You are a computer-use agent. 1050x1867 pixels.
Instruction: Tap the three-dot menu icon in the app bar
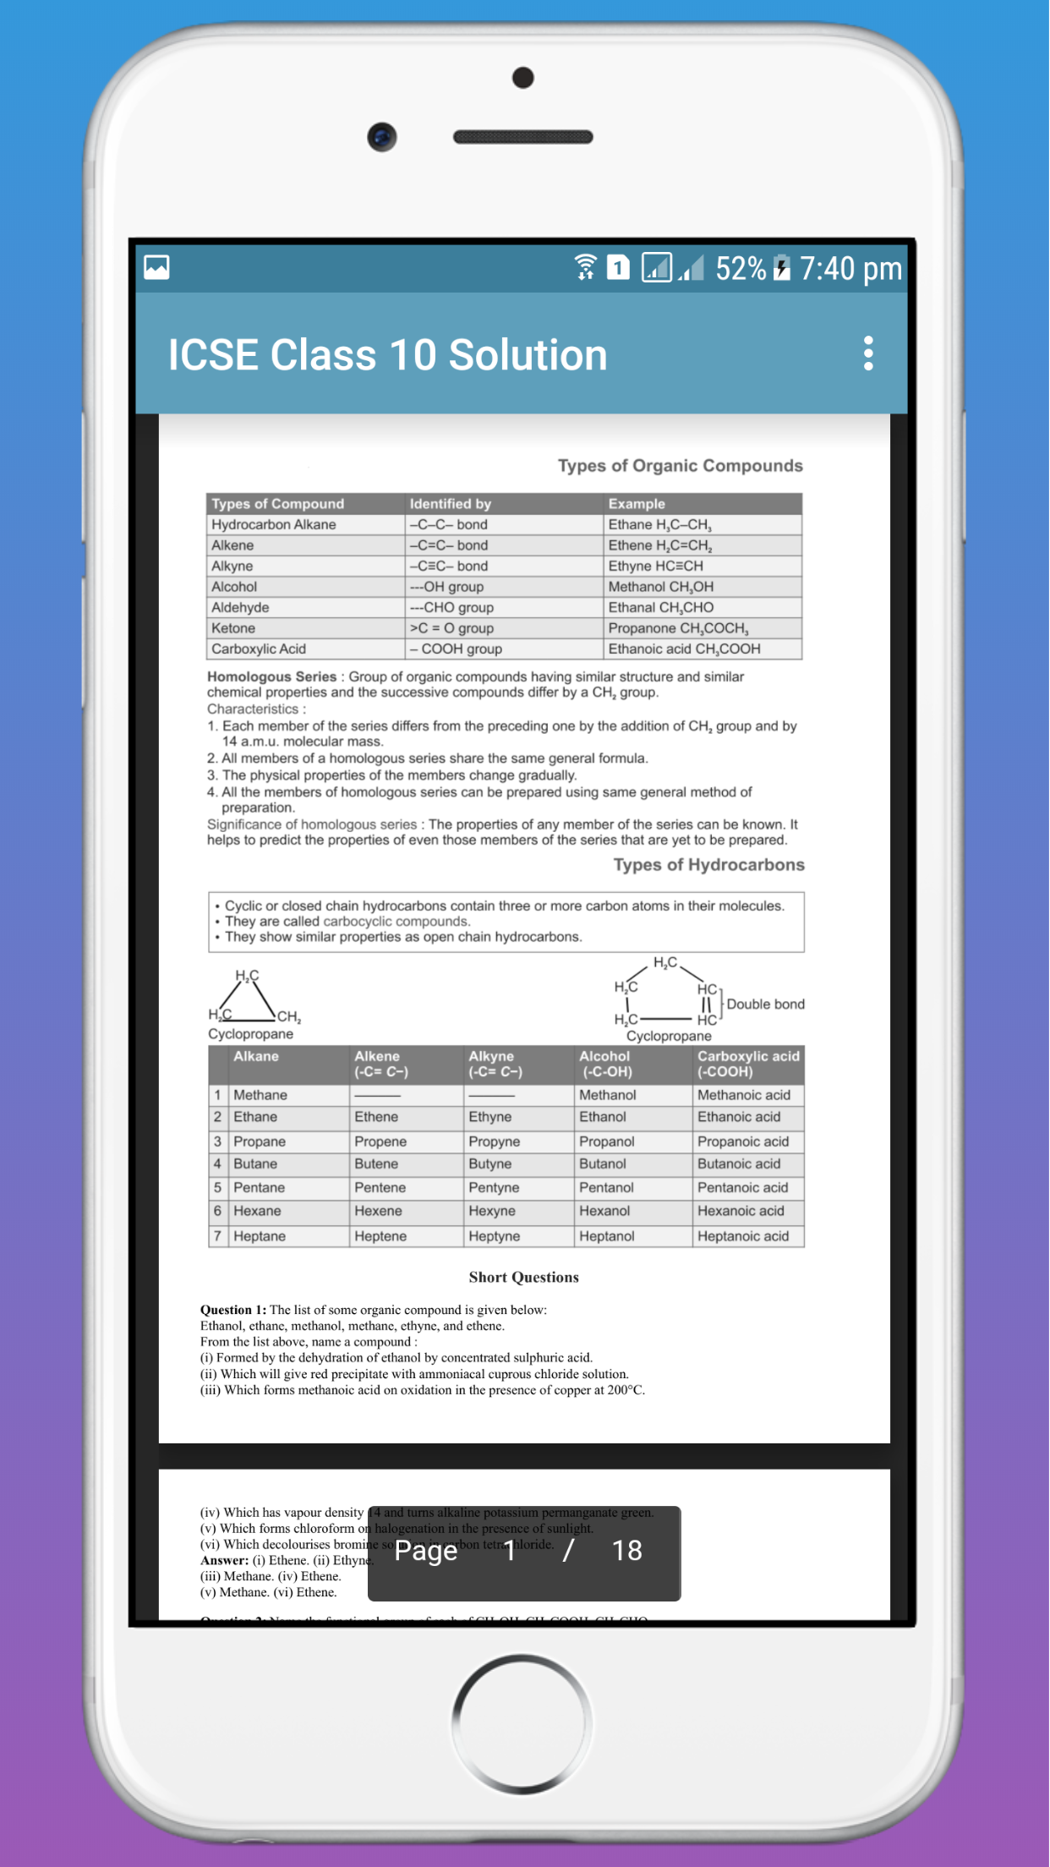(x=868, y=353)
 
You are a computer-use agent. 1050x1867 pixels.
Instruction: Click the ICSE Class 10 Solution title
(x=387, y=355)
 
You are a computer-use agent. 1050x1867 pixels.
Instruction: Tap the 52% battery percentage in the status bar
(x=740, y=269)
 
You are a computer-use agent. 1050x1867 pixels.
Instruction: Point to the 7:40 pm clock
(x=850, y=269)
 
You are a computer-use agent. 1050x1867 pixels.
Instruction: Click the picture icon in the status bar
(x=157, y=267)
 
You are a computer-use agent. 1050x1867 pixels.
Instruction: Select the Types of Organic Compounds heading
(x=680, y=466)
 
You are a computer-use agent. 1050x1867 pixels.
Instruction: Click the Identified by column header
(x=451, y=504)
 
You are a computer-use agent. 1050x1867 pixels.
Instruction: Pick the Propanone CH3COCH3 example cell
(x=677, y=628)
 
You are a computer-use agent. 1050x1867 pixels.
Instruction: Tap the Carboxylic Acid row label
(x=259, y=649)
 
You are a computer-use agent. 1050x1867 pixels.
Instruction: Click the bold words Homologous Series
(x=271, y=676)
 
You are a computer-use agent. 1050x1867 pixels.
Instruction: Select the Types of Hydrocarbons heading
(x=708, y=865)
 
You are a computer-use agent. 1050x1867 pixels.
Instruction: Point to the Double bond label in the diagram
(x=765, y=1005)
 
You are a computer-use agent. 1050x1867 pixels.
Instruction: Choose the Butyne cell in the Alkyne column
(x=490, y=1164)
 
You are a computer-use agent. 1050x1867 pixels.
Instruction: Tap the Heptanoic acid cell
(x=743, y=1236)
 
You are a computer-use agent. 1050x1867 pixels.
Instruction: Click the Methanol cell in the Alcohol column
(x=607, y=1095)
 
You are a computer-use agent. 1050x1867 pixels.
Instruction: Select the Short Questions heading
(x=523, y=1278)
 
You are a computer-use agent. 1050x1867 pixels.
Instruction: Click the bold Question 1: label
(x=233, y=1310)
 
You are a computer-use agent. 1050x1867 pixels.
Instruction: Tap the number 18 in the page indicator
(x=626, y=1551)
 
